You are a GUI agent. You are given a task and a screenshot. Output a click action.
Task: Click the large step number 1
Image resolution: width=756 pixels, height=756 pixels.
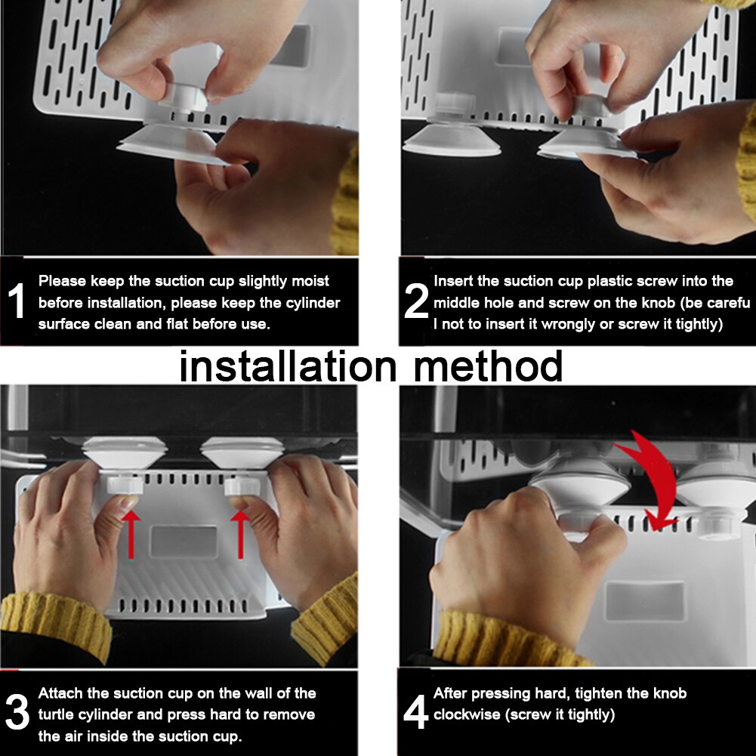tap(17, 301)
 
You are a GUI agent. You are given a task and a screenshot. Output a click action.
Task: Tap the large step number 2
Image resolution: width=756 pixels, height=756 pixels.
tap(415, 301)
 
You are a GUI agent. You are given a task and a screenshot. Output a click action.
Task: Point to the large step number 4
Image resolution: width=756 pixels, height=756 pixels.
tap(415, 712)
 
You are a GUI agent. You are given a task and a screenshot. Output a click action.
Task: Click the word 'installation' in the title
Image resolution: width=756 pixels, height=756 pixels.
tap(287, 366)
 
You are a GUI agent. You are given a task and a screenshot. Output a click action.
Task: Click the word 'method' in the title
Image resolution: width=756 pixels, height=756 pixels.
tap(489, 366)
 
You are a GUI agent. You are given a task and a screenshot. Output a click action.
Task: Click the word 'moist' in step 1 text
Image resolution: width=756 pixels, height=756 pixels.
tap(310, 281)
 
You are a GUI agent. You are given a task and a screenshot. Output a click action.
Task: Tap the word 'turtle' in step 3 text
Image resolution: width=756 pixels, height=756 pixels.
tap(54, 714)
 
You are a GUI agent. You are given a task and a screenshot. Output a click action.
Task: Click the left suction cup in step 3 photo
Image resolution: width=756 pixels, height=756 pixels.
tap(125, 453)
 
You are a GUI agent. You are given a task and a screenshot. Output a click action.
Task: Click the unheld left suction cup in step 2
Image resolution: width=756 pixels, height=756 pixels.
tap(452, 140)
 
